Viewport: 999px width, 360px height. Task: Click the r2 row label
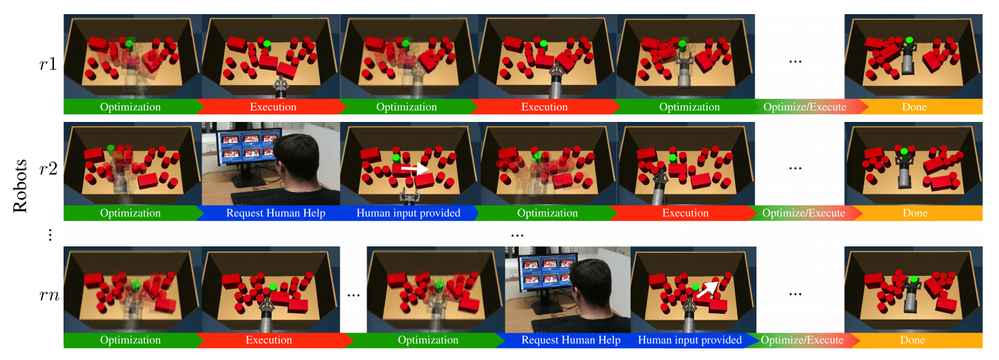48,171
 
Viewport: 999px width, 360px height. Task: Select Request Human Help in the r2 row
270,213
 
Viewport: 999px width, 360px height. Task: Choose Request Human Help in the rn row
571,340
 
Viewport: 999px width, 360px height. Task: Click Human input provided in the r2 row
408,213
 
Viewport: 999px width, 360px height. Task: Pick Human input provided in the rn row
690,340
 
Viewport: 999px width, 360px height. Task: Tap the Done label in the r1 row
914,107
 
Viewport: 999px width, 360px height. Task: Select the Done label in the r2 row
914,213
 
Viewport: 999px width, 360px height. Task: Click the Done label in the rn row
914,340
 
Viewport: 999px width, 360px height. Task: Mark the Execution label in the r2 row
685,213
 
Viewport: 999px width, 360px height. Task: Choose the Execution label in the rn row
269,340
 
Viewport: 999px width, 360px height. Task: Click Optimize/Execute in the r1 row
803,107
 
